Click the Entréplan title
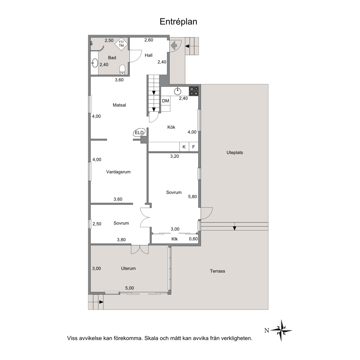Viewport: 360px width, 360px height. [178, 22]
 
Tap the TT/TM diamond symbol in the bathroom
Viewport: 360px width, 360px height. [121, 44]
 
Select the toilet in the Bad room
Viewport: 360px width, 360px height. [122, 70]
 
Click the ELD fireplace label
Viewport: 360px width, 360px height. [139, 133]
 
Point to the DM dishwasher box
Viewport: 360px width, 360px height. [166, 101]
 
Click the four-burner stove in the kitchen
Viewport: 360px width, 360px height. [193, 91]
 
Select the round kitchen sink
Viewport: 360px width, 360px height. [177, 91]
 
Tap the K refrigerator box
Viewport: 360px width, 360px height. [184, 147]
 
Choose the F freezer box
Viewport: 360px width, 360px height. [193, 147]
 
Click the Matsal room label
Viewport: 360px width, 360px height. [119, 105]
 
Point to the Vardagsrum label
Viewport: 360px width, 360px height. [118, 172]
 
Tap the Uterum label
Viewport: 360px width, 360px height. [128, 268]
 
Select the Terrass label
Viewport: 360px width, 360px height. [217, 271]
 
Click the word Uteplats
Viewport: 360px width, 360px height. [235, 153]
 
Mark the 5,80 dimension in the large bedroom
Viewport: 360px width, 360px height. [192, 197]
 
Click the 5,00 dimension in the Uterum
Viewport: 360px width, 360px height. [129, 288]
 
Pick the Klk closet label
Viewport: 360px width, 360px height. [174, 239]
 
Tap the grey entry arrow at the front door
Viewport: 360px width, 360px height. [174, 45]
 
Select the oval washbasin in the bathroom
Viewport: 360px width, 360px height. [95, 63]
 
